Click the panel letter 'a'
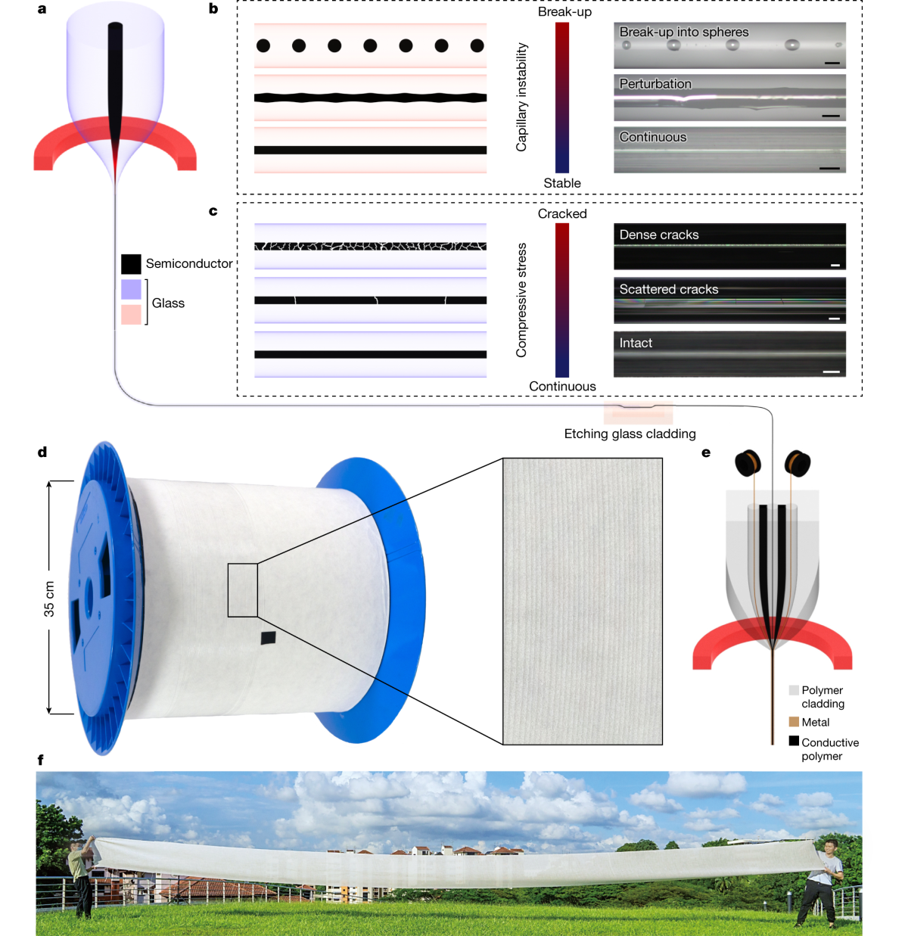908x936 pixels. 42,9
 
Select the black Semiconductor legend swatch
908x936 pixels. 131,263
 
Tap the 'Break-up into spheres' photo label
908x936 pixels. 683,32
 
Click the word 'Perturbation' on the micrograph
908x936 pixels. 655,84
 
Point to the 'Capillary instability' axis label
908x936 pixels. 521,97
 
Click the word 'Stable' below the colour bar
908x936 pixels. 562,183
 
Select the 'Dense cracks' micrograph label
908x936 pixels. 658,235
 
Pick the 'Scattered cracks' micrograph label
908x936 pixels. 668,289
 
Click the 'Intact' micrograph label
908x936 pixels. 636,343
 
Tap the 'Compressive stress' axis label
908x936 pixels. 521,300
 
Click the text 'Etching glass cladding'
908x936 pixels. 630,434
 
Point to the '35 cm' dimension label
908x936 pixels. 49,599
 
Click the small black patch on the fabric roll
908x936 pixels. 269,637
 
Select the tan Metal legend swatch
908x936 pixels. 794,722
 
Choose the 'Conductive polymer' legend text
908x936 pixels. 829,749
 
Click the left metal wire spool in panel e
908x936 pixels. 748,462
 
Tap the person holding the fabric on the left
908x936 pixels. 81,878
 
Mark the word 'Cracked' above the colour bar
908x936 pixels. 562,214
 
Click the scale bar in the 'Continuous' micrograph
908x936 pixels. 829,168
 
